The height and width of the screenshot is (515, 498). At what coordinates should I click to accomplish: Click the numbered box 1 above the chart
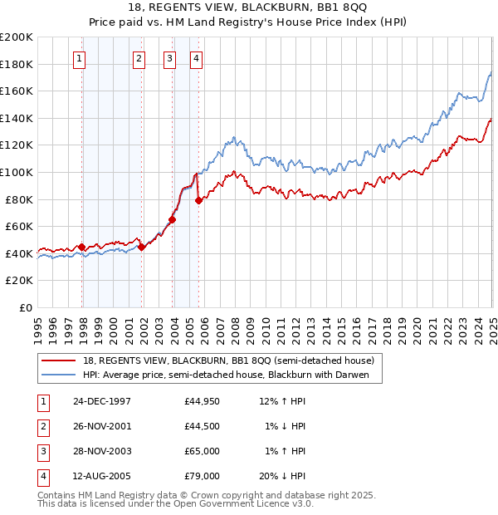pyautogui.click(x=78, y=58)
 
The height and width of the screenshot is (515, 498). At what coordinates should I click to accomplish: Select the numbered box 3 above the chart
pyautogui.click(x=168, y=58)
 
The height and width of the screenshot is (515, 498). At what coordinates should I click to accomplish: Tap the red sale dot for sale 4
pyautogui.click(x=198, y=200)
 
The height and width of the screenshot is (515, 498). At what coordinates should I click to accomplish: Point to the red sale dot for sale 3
pyautogui.click(x=173, y=220)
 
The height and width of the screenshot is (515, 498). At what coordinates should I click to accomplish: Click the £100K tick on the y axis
pyautogui.click(x=18, y=172)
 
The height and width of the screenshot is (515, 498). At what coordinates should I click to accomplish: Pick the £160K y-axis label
pyautogui.click(x=18, y=91)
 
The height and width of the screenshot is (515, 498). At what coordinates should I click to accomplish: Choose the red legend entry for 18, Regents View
pyautogui.click(x=229, y=360)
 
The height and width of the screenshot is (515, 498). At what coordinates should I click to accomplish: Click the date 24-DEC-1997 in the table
pyautogui.click(x=102, y=401)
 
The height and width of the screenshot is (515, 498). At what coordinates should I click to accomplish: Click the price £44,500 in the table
pyautogui.click(x=203, y=426)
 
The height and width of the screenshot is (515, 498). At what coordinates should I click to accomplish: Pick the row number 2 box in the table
pyautogui.click(x=41, y=426)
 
